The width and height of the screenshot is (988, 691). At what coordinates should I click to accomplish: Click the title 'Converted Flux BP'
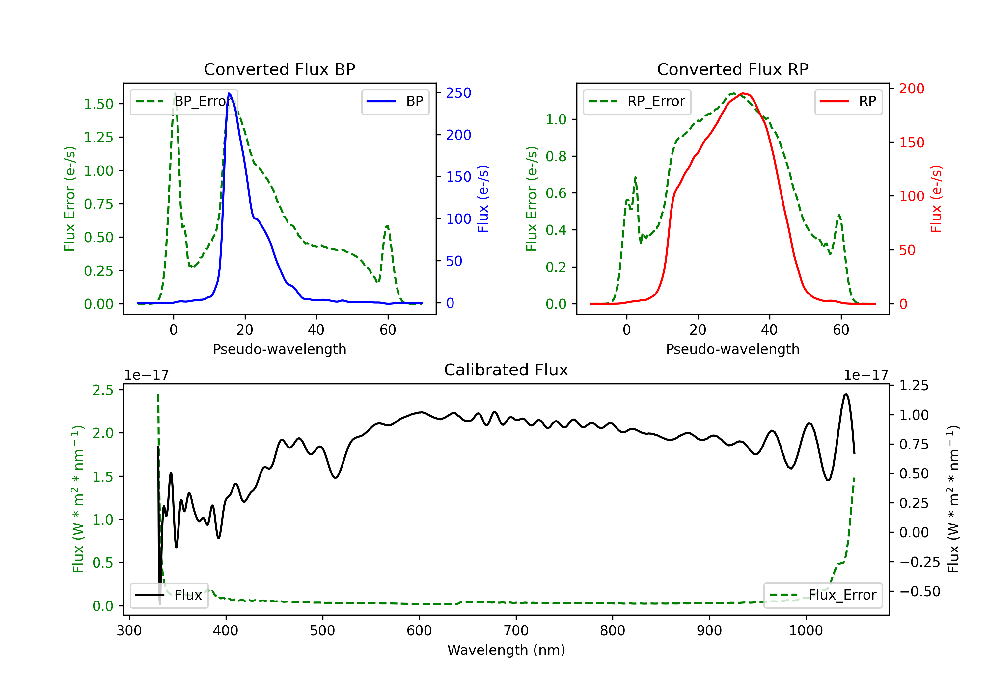tap(279, 69)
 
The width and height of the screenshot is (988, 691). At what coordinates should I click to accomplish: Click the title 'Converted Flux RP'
tap(732, 69)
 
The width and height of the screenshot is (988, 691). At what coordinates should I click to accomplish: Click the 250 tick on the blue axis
tap(458, 93)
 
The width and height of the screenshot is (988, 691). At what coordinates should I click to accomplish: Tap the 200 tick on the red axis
tap(911, 89)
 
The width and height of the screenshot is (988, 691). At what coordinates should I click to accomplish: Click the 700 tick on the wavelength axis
tap(516, 631)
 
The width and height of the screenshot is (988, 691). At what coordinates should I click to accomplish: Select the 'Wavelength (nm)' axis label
tap(506, 650)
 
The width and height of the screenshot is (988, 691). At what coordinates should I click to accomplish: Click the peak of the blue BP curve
tap(229, 93)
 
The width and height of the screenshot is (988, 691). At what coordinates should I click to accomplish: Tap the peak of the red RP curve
tap(742, 93)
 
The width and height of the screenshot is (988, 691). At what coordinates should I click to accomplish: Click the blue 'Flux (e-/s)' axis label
tap(483, 199)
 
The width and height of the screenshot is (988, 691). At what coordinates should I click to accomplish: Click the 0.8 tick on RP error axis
tap(556, 157)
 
